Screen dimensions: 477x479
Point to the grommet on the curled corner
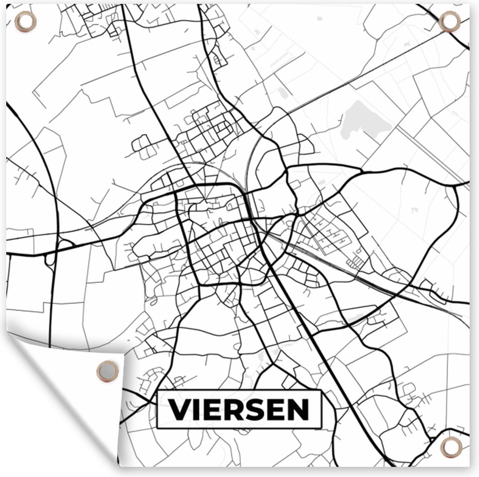pyautogui.click(x=107, y=371)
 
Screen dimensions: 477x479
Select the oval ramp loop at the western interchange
pyautogui.click(x=50, y=260)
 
